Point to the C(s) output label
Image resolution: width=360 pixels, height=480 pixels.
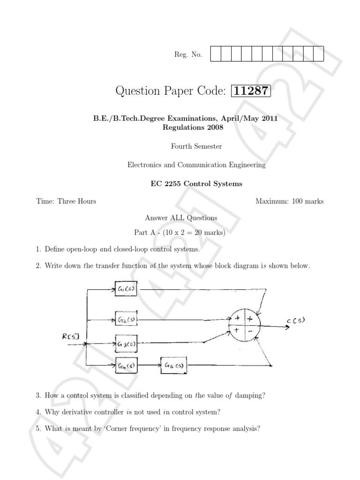click(x=296, y=321)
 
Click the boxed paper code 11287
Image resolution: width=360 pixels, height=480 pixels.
click(x=252, y=90)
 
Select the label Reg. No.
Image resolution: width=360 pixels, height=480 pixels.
click(x=188, y=55)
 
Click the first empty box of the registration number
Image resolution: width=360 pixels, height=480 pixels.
click(x=216, y=54)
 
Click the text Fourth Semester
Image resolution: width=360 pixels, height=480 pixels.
click(x=196, y=146)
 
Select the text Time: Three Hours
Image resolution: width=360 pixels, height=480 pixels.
click(x=66, y=202)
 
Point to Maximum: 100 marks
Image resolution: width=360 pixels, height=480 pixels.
click(x=289, y=202)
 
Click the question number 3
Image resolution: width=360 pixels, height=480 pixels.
click(x=38, y=396)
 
